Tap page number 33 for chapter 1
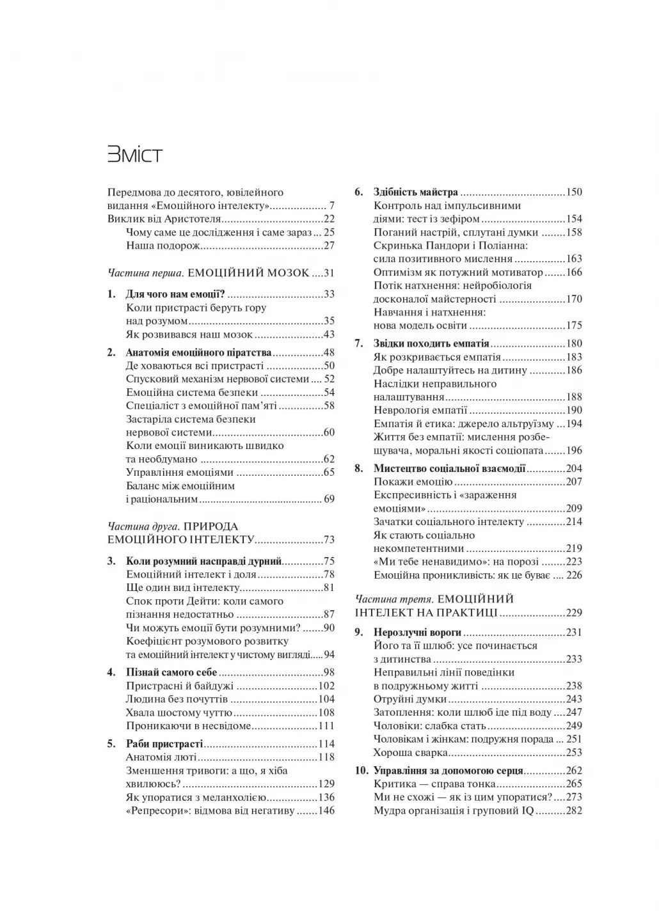pos(329,294)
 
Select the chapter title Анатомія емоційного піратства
pos(198,352)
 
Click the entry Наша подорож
pos(164,246)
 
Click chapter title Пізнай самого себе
pos(171,672)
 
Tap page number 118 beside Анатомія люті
pos(326,757)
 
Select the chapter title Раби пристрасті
pos(164,744)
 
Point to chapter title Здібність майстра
pos(415,192)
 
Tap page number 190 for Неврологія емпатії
pos(574,410)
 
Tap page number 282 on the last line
pos(574,811)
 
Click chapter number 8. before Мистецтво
pos(359,468)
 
